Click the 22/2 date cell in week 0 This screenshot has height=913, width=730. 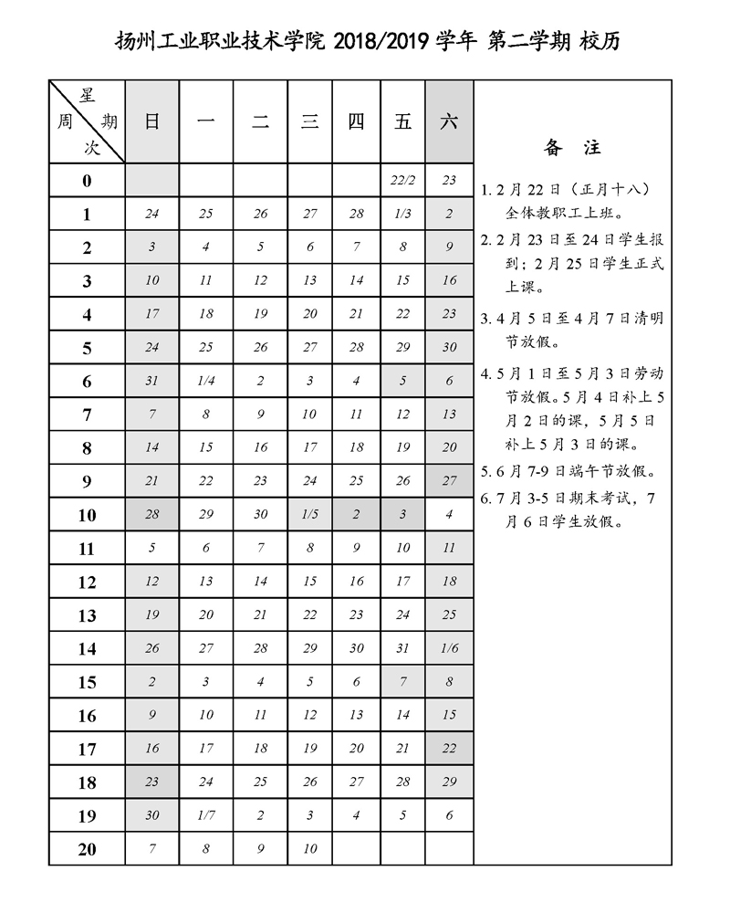402,181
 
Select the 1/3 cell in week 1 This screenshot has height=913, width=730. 402,215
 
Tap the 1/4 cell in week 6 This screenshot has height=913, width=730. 206,382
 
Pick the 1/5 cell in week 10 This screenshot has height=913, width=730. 309,515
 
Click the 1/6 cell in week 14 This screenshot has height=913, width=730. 449,648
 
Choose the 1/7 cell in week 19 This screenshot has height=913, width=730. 206,815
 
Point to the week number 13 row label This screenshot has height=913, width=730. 87,615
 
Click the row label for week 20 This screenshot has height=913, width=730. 87,849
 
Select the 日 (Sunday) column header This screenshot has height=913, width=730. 152,122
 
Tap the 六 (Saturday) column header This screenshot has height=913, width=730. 449,122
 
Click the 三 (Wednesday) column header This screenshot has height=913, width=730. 309,122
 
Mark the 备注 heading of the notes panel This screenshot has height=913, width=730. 572,147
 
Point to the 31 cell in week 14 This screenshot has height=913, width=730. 402,648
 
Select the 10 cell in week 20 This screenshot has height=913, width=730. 309,849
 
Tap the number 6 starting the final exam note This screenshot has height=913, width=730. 485,499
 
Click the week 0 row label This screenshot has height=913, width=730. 87,181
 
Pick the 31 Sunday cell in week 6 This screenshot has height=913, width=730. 152,382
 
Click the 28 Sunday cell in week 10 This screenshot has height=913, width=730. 152,515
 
